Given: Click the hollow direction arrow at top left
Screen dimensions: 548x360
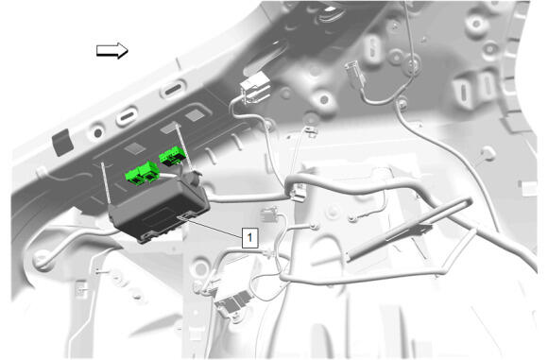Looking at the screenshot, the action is (112, 51).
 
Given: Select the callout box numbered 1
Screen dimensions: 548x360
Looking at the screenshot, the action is (249, 238).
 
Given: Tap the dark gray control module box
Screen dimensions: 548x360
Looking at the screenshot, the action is (159, 208).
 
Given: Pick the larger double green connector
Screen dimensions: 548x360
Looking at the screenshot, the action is (143, 173).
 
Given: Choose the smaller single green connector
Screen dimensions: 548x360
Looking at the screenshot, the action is (172, 156).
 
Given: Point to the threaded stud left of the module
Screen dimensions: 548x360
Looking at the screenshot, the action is (106, 182).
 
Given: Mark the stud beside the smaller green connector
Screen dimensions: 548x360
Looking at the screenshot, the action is (185, 147).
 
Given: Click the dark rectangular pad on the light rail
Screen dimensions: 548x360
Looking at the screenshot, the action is (62, 142).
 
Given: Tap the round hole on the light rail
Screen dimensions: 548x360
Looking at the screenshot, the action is (98, 133).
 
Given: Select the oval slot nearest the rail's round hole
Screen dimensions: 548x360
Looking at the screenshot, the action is (127, 116).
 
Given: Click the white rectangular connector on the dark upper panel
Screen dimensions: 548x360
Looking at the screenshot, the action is (255, 88).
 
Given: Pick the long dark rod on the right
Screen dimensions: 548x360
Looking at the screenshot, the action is (409, 230).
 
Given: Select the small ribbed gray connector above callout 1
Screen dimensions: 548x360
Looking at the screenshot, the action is (269, 214).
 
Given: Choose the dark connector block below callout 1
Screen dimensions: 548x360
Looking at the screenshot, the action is (233, 303).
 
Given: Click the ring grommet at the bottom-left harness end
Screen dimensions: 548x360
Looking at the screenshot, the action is (42, 259).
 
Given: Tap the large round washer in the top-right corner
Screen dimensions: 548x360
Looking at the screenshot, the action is (476, 24).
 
